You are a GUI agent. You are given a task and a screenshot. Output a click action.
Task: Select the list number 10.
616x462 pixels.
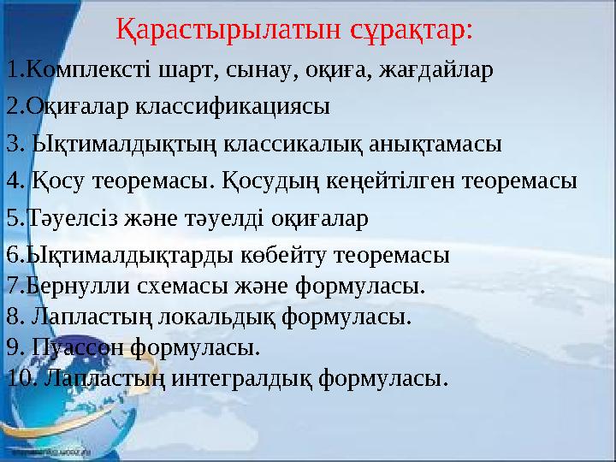tap(17, 376)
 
